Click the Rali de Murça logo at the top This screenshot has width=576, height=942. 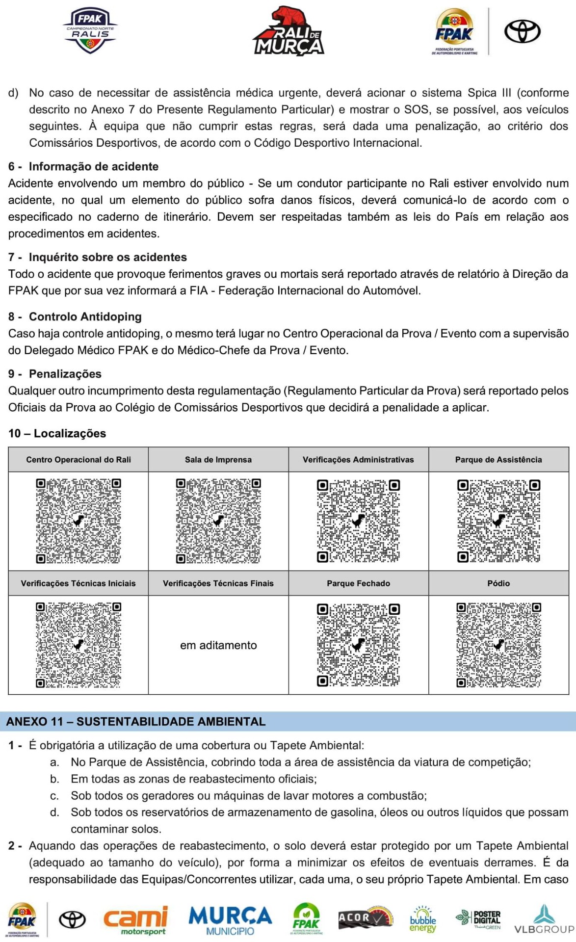288,31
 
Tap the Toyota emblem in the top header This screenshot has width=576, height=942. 522,31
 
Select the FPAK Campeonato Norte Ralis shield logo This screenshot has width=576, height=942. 90,31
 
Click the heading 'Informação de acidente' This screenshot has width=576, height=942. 93,166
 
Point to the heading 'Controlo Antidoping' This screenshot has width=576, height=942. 85,316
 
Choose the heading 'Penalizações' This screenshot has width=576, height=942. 65,374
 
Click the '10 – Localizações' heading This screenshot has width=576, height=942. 57,433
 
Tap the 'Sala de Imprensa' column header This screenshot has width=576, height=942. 218,460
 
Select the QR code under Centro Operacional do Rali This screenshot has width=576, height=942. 79,521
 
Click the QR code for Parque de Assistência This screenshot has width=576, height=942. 498,521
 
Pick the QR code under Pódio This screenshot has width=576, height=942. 498,645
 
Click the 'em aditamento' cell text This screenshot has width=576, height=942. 218,645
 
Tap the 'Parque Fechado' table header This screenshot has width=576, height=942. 359,583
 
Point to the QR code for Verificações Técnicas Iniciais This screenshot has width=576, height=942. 79,645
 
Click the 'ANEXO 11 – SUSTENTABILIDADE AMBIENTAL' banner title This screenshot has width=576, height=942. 136,722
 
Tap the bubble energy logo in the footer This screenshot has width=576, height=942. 422,919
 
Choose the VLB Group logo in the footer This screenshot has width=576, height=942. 544,920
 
